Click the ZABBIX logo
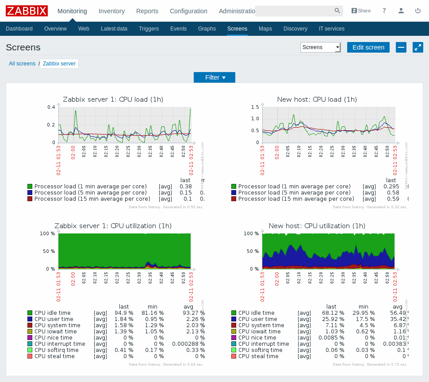coord(27,11)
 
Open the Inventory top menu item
coord(111,11)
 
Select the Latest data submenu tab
coord(114,29)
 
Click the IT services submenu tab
coord(331,29)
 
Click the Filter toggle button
coord(214,77)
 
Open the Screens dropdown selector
coord(320,47)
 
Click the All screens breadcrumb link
coord(22,64)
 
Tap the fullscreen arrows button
coord(418,47)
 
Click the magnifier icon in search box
coord(337,11)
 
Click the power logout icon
coord(418,11)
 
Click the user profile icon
coord(401,11)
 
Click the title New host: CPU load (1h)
coord(317,99)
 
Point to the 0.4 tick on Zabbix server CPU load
coord(51,107)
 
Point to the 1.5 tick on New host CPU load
coord(255,107)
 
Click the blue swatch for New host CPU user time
coord(234,319)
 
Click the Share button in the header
coord(361,11)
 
